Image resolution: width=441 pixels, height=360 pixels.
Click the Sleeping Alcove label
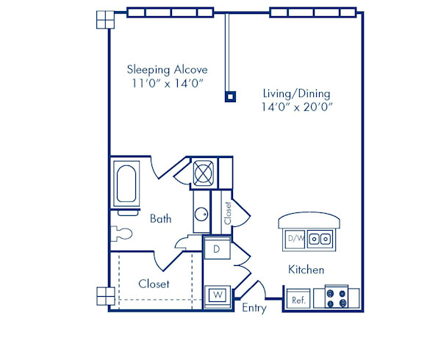[x=167, y=70]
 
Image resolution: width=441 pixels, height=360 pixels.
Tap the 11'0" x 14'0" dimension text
[x=167, y=83]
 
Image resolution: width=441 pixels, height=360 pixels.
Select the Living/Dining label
[x=296, y=93]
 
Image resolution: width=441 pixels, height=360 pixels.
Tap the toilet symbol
[x=122, y=234]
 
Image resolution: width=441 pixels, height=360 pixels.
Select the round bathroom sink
[x=201, y=216]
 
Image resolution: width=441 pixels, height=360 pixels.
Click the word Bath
[x=161, y=218]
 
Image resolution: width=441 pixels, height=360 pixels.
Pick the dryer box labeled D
[x=217, y=249]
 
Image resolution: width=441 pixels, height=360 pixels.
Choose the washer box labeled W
[x=218, y=295]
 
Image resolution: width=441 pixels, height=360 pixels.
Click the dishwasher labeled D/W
[x=295, y=238]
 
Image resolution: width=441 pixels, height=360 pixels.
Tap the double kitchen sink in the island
[x=320, y=238]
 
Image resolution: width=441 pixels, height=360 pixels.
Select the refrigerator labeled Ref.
[x=298, y=300]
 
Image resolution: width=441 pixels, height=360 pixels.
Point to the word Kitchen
[x=306, y=270]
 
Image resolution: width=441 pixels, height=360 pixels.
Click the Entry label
[x=254, y=308]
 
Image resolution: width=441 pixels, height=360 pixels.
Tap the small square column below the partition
[x=230, y=95]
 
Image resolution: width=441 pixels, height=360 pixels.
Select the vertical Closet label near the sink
[x=228, y=213]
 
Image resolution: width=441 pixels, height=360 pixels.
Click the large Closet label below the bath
[x=154, y=284]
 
